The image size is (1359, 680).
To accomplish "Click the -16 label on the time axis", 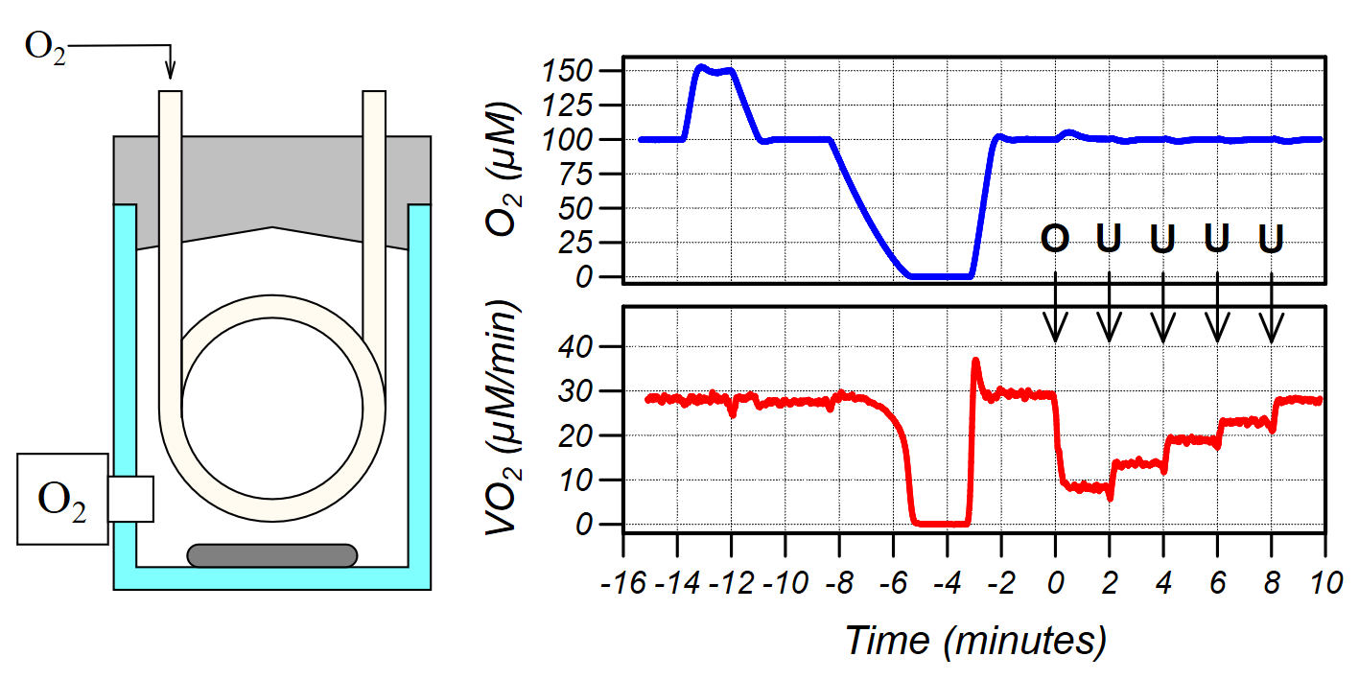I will (x=622, y=585).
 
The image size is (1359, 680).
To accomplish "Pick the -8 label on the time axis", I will (x=837, y=585).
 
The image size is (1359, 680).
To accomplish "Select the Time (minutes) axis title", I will (x=974, y=640).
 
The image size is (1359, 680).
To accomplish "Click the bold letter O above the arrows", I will (x=1055, y=238).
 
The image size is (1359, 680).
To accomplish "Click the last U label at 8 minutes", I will (x=1271, y=238).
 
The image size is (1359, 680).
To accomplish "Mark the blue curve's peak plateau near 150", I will (x=715, y=69).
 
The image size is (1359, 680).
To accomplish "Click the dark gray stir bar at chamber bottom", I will (x=271, y=554).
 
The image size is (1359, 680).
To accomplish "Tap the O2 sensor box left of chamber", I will (x=62, y=499).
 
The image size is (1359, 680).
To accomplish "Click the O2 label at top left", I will (x=45, y=47).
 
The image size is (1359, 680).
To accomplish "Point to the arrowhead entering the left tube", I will (x=171, y=72).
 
